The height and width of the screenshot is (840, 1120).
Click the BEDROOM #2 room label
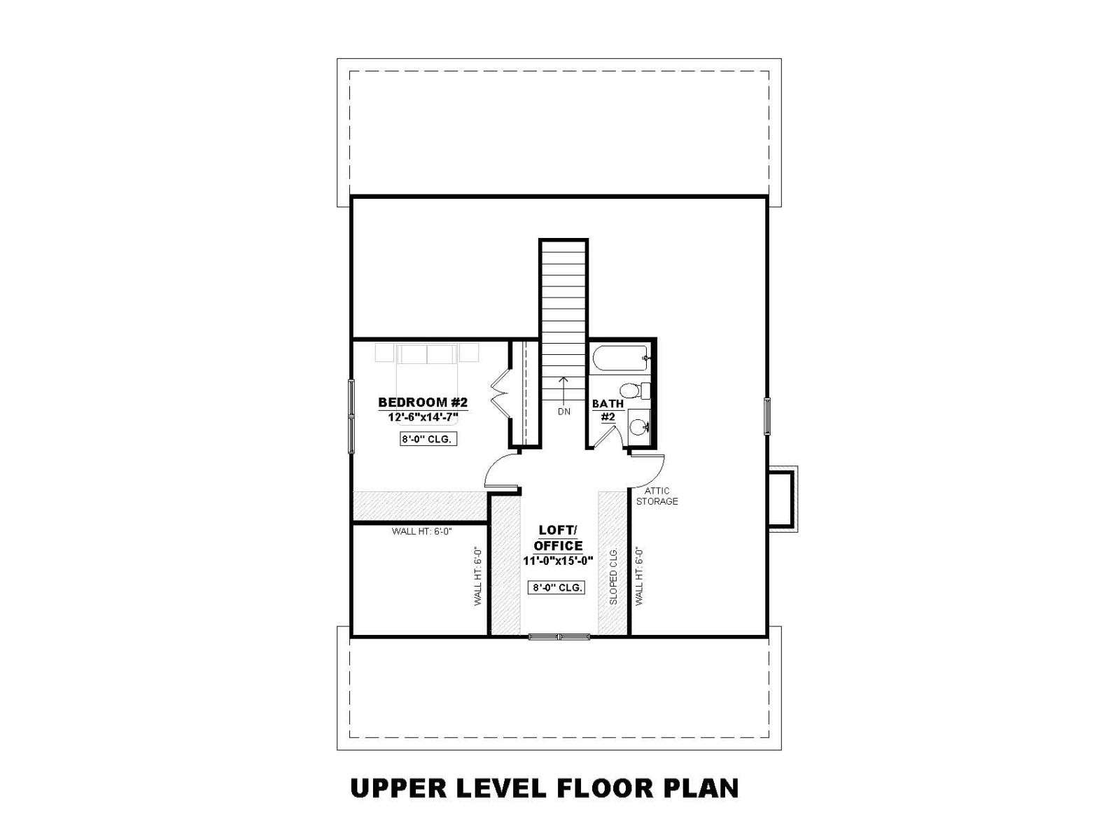click(x=423, y=402)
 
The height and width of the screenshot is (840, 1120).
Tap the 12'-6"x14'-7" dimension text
click(x=423, y=417)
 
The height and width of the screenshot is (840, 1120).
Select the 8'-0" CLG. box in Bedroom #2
click(x=428, y=439)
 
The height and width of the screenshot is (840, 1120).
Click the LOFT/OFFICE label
click(x=558, y=538)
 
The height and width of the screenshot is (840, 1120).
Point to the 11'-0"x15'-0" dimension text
click(x=558, y=561)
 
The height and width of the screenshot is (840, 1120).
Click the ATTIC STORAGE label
click(x=657, y=496)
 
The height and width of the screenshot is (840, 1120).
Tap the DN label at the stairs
click(x=563, y=412)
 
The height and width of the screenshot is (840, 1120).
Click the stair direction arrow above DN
click(x=563, y=390)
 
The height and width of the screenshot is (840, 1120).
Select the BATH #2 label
click(x=608, y=410)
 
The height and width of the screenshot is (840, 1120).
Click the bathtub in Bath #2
click(x=621, y=358)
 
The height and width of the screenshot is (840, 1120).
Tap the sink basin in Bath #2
click(x=637, y=425)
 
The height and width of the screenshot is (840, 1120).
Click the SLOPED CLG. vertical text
click(x=613, y=576)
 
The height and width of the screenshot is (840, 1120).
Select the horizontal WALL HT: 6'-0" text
click(x=422, y=531)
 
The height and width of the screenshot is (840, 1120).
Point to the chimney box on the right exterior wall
click(x=782, y=498)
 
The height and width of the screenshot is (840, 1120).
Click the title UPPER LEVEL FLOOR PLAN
click(x=545, y=788)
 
